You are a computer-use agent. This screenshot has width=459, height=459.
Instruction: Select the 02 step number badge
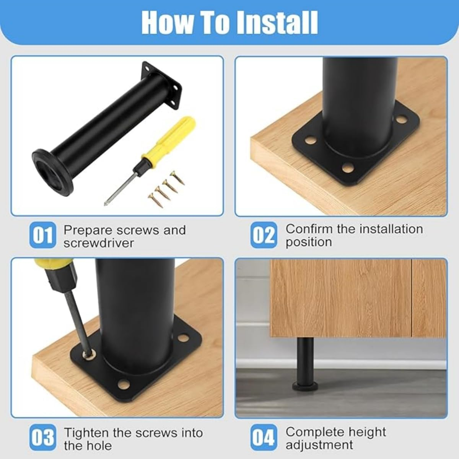pyautogui.click(x=264, y=235)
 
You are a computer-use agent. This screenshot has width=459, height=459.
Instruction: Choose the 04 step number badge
pyautogui.click(x=264, y=437)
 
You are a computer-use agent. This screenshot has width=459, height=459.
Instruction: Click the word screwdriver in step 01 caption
pyautogui.click(x=99, y=243)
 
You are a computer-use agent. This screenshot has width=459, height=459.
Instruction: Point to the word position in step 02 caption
pyautogui.click(x=308, y=242)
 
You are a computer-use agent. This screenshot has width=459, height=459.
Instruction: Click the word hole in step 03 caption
pyautogui.click(x=99, y=446)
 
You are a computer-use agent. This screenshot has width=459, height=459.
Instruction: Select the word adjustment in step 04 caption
pyautogui.click(x=319, y=445)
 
